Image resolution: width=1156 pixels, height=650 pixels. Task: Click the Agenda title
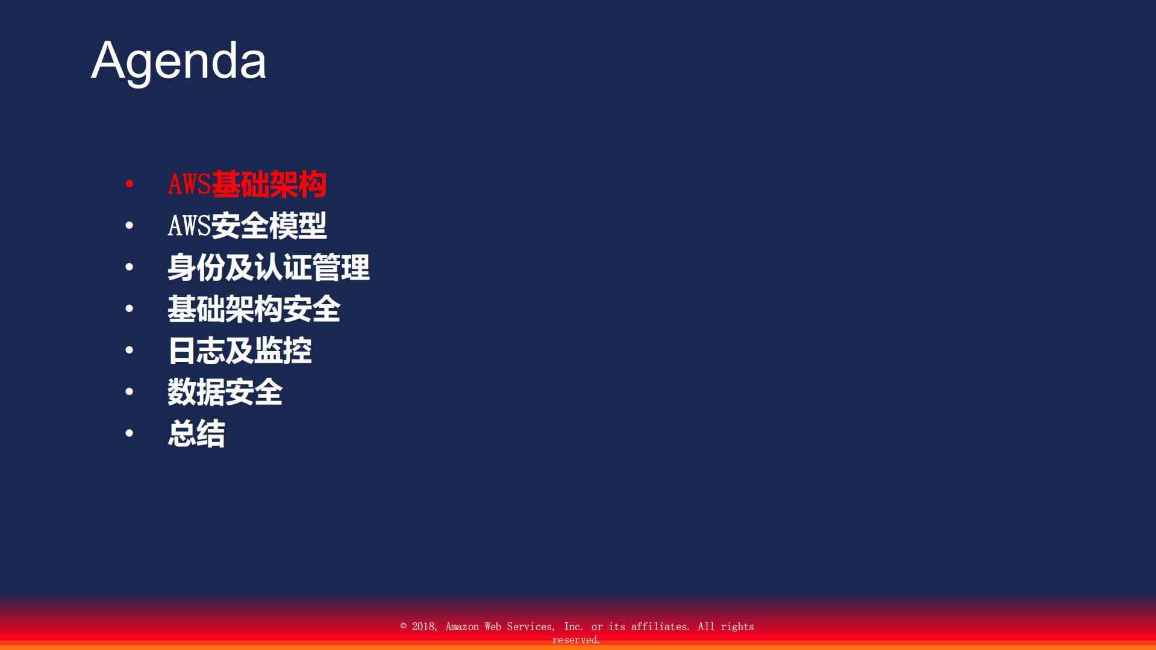tap(178, 60)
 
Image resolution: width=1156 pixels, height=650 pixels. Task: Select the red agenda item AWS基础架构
tap(247, 184)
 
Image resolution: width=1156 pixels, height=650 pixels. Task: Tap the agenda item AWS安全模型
tap(247, 226)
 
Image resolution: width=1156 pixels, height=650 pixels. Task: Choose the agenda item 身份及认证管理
tap(268, 267)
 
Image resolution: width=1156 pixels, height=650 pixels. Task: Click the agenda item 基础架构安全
tap(254, 309)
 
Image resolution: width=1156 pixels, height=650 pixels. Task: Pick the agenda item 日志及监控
tap(239, 351)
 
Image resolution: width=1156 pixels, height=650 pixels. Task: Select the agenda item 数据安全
tap(225, 392)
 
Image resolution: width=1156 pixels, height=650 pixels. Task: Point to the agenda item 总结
tap(196, 434)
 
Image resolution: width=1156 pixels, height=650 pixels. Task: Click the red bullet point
tap(130, 184)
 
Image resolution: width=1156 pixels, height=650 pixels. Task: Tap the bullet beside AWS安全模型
tap(130, 225)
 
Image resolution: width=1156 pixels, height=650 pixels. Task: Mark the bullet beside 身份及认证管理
tap(130, 267)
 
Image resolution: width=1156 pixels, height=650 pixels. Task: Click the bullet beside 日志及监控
tap(130, 350)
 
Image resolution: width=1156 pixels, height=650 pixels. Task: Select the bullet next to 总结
tap(130, 433)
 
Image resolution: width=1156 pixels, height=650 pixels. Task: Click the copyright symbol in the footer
tap(404, 627)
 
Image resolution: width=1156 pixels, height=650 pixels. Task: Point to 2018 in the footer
tap(423, 627)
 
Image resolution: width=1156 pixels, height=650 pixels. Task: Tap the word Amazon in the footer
tap(462, 627)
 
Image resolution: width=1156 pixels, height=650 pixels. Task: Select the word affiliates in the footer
tap(659, 627)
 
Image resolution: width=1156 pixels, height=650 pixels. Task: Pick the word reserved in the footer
tap(575, 640)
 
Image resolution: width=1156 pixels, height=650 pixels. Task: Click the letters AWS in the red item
tap(189, 184)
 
